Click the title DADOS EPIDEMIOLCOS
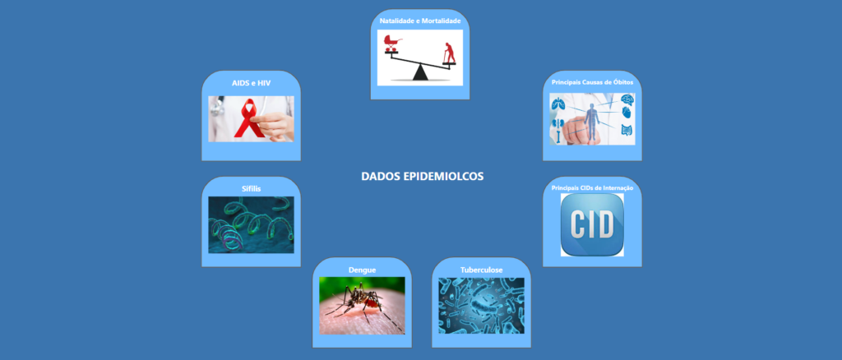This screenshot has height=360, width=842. pos(422,177)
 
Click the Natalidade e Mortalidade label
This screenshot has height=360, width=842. pos(420,21)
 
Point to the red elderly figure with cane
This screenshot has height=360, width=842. pos(448,53)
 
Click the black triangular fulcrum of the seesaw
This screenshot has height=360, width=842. pos(420,72)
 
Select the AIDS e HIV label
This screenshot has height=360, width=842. pos(252,84)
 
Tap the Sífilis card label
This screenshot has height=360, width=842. pos(252,188)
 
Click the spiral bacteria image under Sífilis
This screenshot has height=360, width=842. pos(252,225)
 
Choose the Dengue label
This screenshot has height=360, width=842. pos(362,270)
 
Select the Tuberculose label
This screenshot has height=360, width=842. pos(482,270)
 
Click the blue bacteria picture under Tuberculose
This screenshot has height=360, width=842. pos(482,305)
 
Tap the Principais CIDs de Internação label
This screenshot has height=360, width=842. pos(592,188)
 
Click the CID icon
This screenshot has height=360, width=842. pos(592,225)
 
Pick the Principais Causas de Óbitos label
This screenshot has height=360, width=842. pos(592,83)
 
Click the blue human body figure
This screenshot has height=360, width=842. pos(592,122)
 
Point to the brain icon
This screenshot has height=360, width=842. pos(627,99)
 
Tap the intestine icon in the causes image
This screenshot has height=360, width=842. pos(627,131)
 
